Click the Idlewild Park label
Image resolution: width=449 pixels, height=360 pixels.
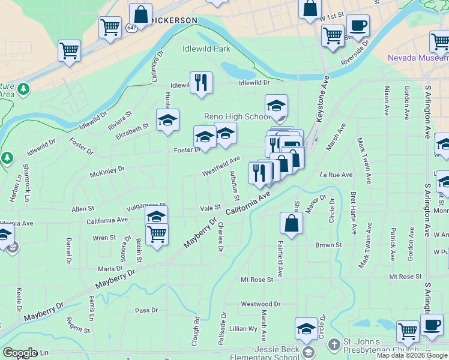tap(206, 48)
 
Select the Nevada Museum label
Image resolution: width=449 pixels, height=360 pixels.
tap(417, 58)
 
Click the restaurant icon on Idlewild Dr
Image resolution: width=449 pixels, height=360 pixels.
tap(201, 83)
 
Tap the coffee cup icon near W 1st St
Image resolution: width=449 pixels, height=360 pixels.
tap(358, 26)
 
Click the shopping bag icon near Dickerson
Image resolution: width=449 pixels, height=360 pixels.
tap(140, 14)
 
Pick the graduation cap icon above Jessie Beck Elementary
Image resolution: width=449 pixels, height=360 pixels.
tap(306, 328)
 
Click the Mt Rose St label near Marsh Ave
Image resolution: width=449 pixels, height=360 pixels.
tap(256, 280)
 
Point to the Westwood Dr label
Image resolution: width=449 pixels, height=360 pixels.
tap(261, 304)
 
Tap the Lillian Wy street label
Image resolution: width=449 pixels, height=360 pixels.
tap(243, 329)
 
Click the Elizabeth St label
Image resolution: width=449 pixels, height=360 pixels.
tap(133, 128)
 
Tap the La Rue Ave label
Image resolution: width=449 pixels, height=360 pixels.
tap(336, 175)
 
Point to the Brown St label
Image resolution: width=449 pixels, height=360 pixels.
tap(328, 245)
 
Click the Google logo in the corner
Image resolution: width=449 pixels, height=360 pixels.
tap(20, 353)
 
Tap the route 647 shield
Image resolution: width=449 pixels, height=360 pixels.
tap(131, 28)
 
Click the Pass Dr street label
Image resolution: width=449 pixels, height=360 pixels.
tap(146, 310)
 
